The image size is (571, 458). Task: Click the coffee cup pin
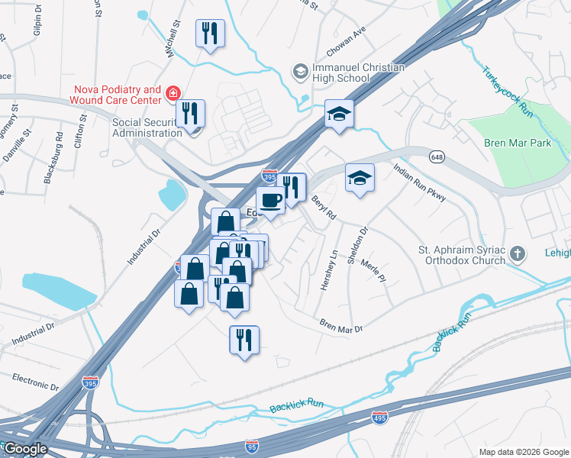coord(271,201)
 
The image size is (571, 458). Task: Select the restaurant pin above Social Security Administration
coord(190,114)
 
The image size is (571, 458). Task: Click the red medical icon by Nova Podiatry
coord(173,94)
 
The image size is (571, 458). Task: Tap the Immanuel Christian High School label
coord(357,73)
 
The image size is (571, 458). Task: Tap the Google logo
coord(25,448)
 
